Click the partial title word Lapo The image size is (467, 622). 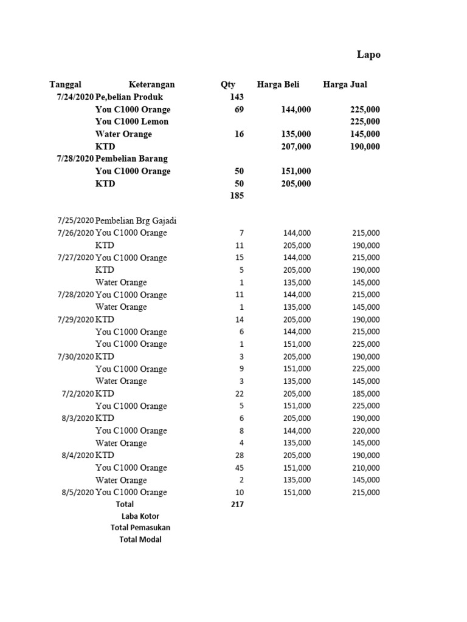pos(368,55)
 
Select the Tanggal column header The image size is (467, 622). pos(65,84)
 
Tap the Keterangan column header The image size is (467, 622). pos(151,84)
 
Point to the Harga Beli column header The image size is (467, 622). pos(278,84)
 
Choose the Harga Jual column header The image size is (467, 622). pos(345,84)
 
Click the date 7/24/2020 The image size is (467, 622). pos(75,97)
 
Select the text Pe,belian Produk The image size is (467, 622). pos(129,97)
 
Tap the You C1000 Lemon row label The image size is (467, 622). pos(132,121)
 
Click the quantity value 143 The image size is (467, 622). pos(237,97)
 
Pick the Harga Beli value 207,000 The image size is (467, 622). pos(296,146)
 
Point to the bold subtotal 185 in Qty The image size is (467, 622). pos(237,196)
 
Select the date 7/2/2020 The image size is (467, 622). pos(78,394)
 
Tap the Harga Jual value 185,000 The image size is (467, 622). pos(365,394)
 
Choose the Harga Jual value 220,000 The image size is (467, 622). pos(365,431)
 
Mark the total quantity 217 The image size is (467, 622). pos(237,504)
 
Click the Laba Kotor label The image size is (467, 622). pos(140,516)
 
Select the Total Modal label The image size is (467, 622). pos(140,539)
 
